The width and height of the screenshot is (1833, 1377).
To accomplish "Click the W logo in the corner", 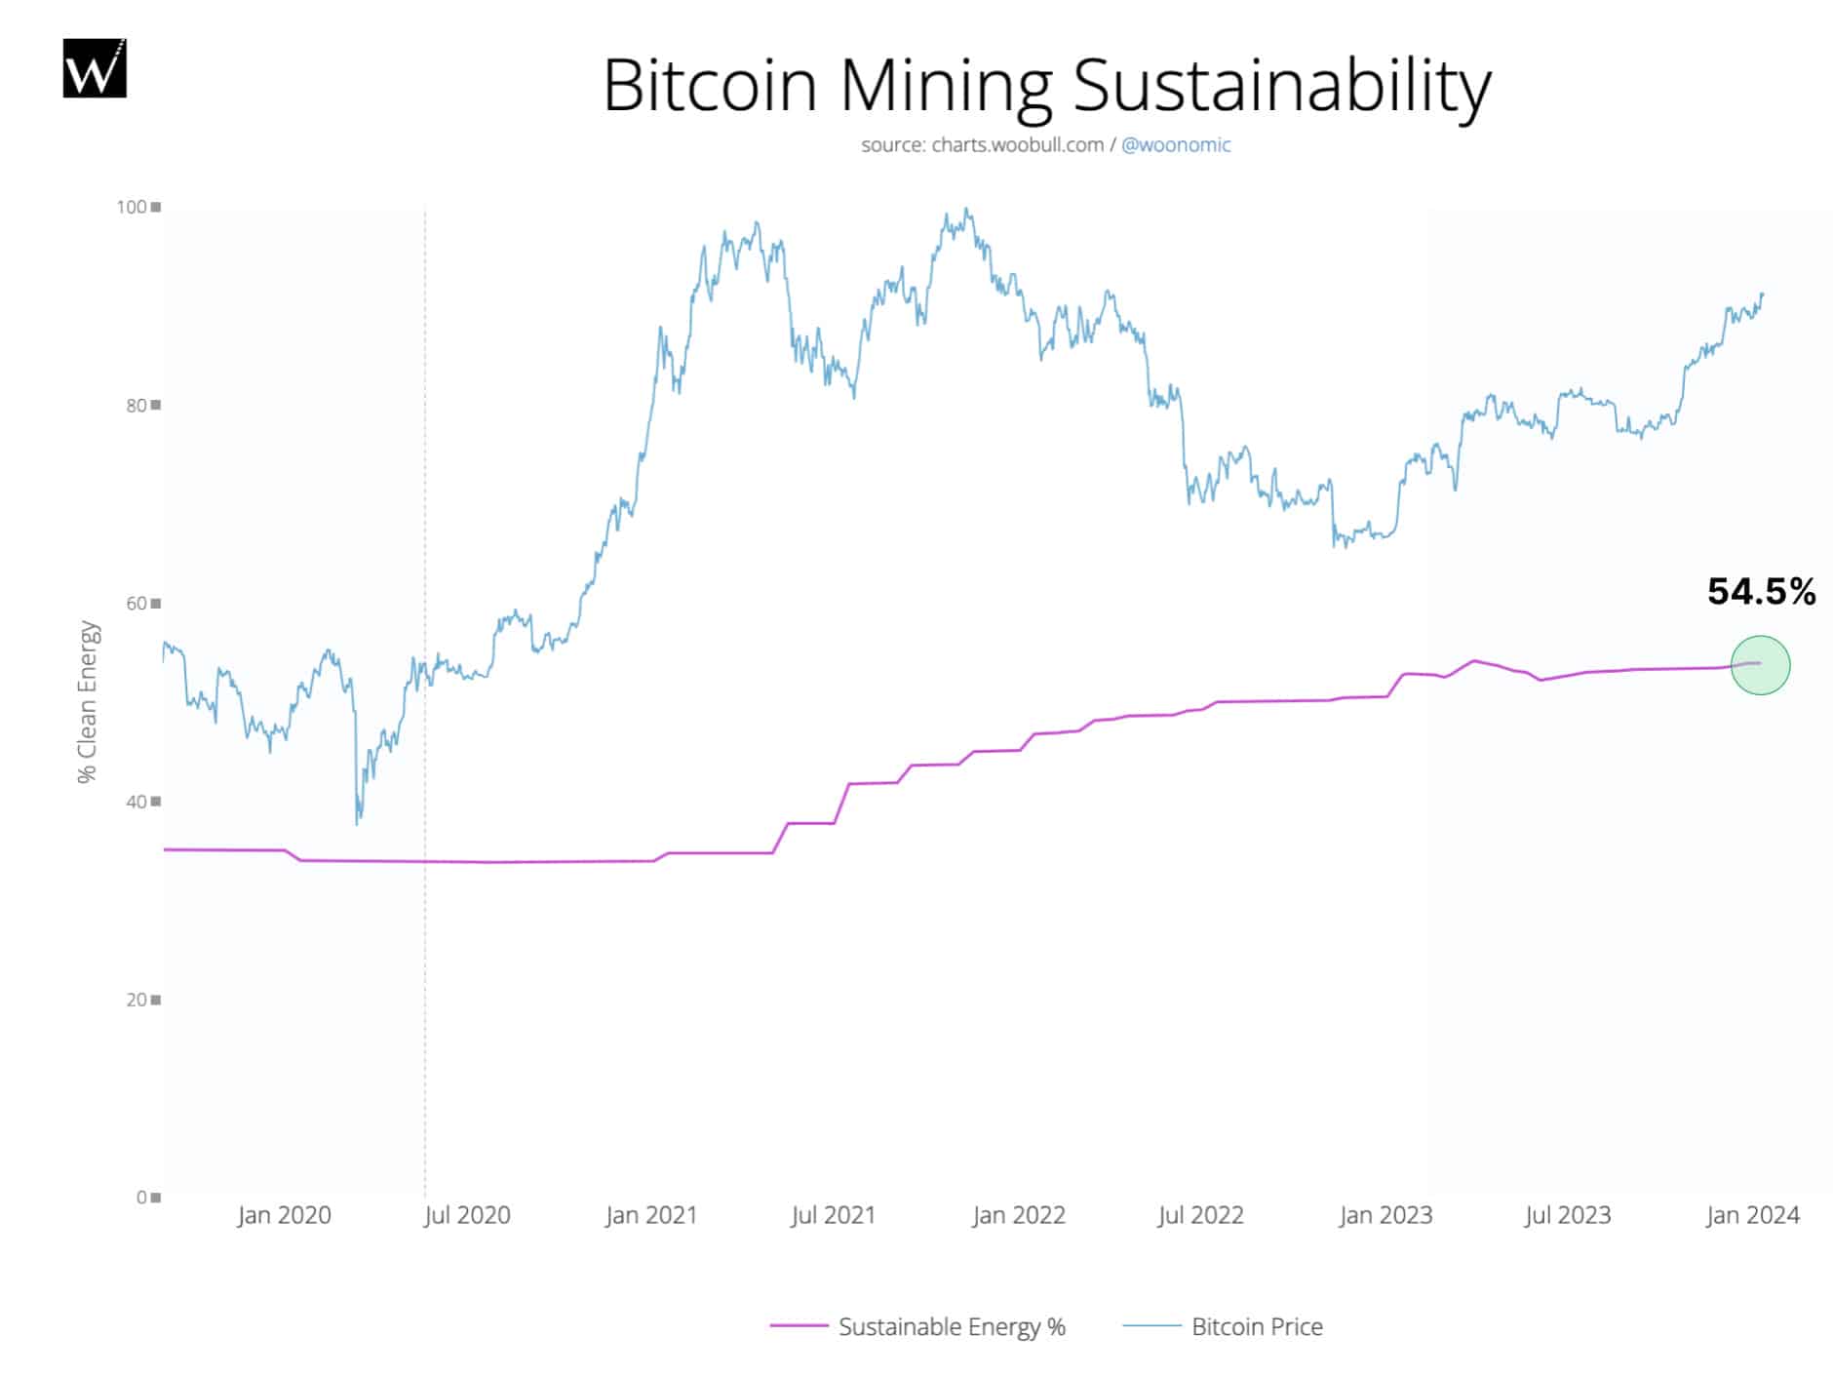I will pos(95,68).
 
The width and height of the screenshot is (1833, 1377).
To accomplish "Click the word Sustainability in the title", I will pos(1282,86).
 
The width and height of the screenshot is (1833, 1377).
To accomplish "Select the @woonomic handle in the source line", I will pos(1176,145).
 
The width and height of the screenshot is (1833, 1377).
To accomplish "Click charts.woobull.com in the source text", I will pos(1017,145).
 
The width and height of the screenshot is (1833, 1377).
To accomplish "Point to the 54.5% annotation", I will pos(1761,592).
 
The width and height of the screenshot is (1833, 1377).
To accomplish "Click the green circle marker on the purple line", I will pos(1760,665).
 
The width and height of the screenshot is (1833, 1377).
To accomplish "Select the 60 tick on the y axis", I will pos(136,603).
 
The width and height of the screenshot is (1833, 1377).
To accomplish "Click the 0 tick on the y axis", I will pos(142,1197).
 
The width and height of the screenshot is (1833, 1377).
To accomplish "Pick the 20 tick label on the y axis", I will pos(136,1000).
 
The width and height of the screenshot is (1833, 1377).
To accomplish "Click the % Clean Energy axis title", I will pos(88,702).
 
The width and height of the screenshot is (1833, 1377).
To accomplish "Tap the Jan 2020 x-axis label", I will pos(284,1215).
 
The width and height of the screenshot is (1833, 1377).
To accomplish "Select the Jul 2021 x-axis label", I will pos(833,1215).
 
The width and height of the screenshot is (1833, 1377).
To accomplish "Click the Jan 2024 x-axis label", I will pos(1752,1215).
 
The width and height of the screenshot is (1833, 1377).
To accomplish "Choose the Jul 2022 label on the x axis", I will pos(1200,1215).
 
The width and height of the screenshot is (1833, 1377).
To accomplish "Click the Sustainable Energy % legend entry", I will pos(951,1326).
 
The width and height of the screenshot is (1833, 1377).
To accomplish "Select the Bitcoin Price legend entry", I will pos(1256,1326).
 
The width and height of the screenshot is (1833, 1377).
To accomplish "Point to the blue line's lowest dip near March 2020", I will pos(357,824).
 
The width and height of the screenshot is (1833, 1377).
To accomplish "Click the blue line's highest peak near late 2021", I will pos(965,209).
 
